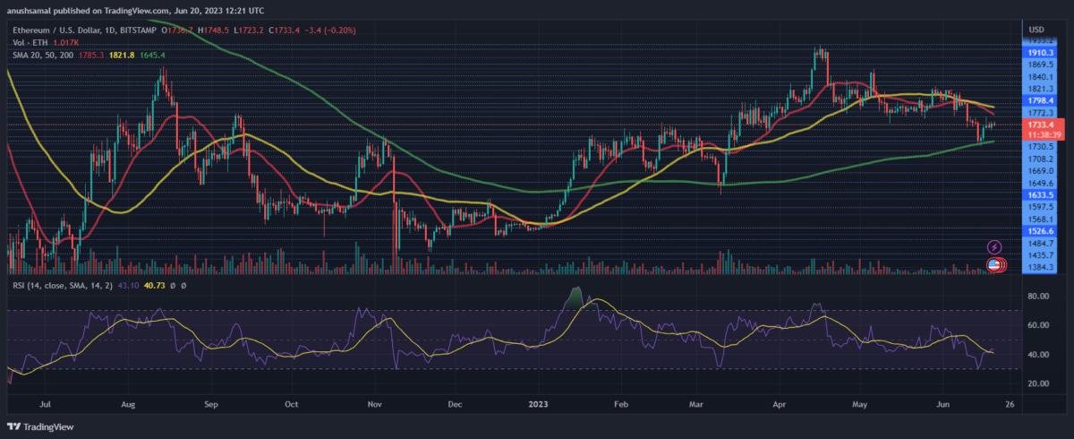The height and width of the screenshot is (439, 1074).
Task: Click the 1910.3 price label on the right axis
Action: tap(1042, 54)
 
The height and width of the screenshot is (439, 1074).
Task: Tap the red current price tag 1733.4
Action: tap(1042, 125)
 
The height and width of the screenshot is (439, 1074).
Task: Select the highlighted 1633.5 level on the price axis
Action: tap(1042, 194)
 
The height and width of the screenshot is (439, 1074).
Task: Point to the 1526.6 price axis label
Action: tap(1042, 229)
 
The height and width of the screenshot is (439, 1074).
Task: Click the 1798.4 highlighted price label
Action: tap(1042, 101)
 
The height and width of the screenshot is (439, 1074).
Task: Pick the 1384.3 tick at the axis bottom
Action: tap(1042, 268)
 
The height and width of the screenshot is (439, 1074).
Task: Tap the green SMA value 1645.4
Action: tap(150, 56)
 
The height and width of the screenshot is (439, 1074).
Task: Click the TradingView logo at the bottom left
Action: tap(45, 427)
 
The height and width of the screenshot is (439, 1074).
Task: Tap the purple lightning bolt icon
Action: tap(993, 246)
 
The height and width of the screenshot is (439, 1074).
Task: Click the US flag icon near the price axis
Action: tap(993, 264)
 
